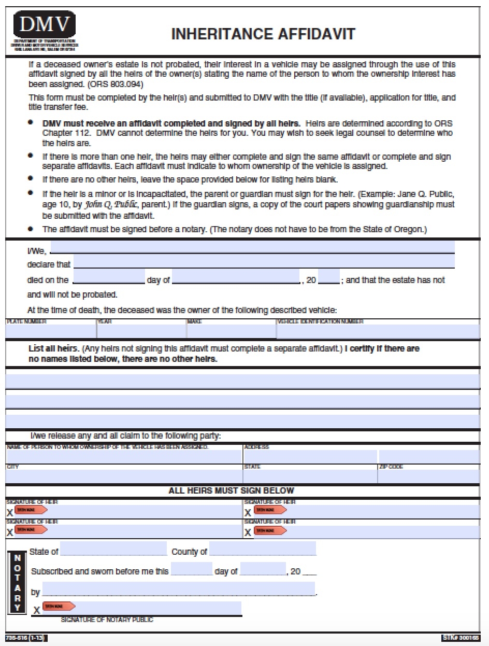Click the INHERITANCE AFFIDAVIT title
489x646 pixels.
(x=263, y=34)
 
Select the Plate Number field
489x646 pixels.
(x=51, y=331)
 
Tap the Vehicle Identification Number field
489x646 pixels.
(x=378, y=331)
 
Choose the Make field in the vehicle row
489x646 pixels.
(x=231, y=331)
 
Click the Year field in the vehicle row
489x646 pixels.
(x=141, y=331)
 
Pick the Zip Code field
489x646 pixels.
(x=429, y=476)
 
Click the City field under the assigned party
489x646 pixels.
(x=124, y=476)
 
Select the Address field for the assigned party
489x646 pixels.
(x=310, y=457)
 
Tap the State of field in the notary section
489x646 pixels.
(x=113, y=549)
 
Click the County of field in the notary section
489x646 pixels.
(x=263, y=549)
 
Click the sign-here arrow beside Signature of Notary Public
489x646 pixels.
(x=59, y=606)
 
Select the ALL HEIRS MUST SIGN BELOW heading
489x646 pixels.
(x=232, y=490)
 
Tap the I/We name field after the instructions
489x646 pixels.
(x=252, y=247)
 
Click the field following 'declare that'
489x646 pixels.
(x=264, y=261)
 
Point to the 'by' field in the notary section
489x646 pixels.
(x=179, y=589)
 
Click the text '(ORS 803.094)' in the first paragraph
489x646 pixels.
(x=116, y=83)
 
